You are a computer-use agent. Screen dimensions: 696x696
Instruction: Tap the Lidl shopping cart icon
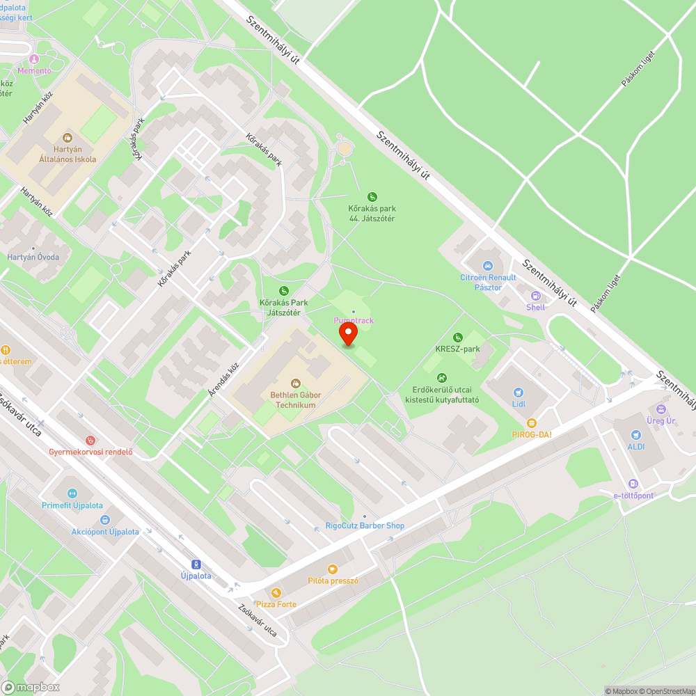518,393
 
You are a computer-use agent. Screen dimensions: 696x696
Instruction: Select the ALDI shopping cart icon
635,435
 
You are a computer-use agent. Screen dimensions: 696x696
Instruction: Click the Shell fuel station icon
535,296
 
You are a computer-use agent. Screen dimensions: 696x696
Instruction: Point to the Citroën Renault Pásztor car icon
488,266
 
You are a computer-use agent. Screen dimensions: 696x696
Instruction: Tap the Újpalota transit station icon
196,564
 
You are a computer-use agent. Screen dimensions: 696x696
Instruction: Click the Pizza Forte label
276,604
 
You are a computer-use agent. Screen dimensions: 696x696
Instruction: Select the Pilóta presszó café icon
333,569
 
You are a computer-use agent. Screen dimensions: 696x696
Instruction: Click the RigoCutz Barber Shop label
365,526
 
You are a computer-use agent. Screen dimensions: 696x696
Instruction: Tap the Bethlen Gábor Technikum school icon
294,383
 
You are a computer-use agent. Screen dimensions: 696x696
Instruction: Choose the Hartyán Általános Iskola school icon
68,138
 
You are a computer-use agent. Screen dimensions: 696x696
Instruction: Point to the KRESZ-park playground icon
457,338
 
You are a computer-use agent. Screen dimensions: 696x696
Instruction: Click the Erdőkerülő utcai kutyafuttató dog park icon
441,378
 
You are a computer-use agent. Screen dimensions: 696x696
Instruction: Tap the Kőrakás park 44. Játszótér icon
372,197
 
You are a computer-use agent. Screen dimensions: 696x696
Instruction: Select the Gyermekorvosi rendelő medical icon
90,440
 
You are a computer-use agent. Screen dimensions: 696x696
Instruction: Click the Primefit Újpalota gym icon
71,493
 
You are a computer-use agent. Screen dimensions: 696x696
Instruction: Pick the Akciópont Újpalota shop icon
105,519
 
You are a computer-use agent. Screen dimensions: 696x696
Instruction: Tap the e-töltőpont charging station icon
633,484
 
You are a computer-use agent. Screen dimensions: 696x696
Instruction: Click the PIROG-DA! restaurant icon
531,422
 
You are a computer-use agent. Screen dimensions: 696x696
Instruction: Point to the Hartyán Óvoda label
33,257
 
